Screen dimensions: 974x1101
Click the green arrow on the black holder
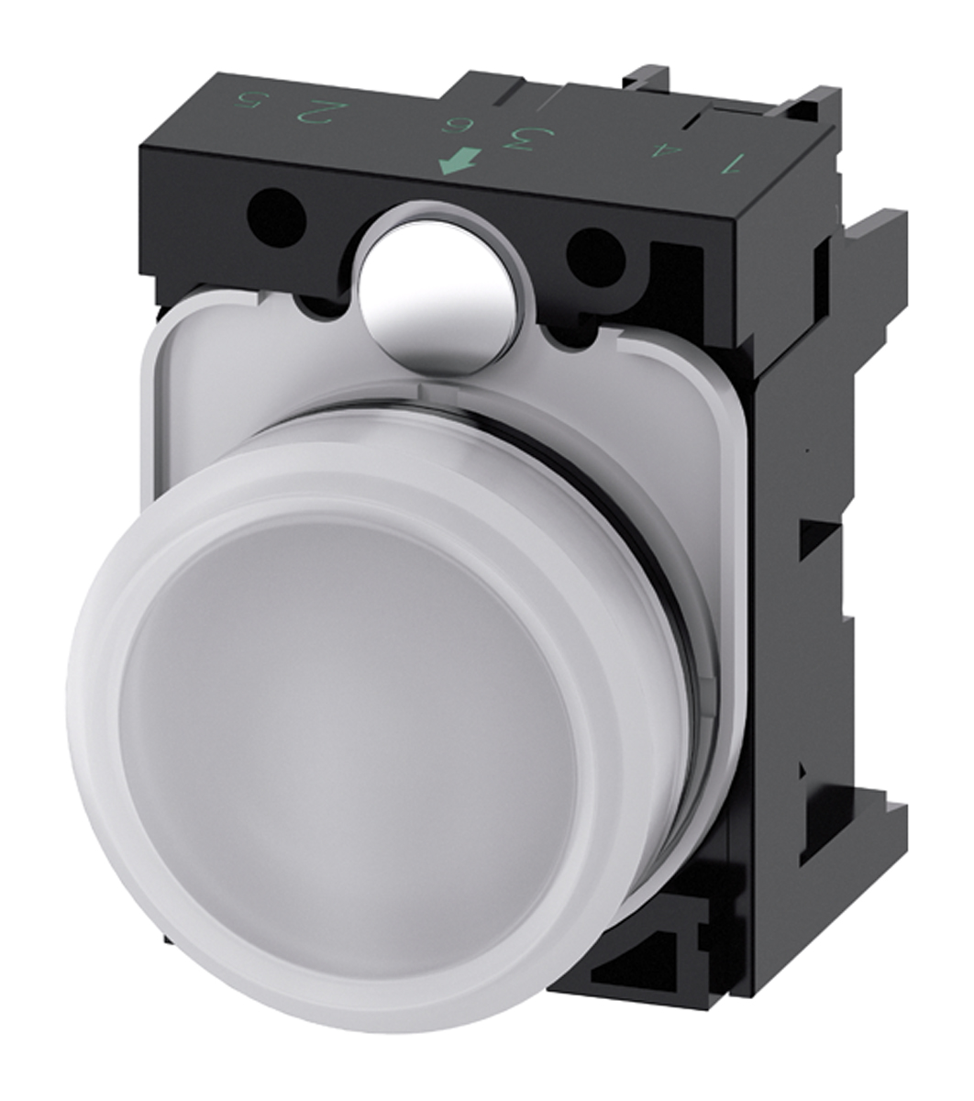click(x=459, y=161)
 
